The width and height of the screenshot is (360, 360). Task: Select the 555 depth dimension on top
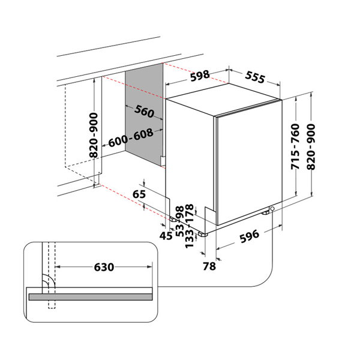pyautogui.click(x=254, y=78)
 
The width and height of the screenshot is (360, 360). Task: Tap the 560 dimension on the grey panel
pyautogui.click(x=145, y=112)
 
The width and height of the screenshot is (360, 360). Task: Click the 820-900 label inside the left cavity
pyautogui.click(x=94, y=136)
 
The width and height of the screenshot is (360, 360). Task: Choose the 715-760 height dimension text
pyautogui.click(x=296, y=147)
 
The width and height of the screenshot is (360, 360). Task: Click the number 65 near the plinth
pyautogui.click(x=139, y=194)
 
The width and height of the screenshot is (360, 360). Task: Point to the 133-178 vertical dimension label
pyautogui.click(x=191, y=226)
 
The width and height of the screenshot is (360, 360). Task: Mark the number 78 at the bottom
pyautogui.click(x=209, y=266)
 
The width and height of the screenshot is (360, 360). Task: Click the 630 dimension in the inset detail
pyautogui.click(x=103, y=266)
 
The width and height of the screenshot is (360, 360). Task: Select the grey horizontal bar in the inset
pyautogui.click(x=90, y=296)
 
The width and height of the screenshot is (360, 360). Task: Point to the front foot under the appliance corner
pyautogui.click(x=202, y=232)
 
